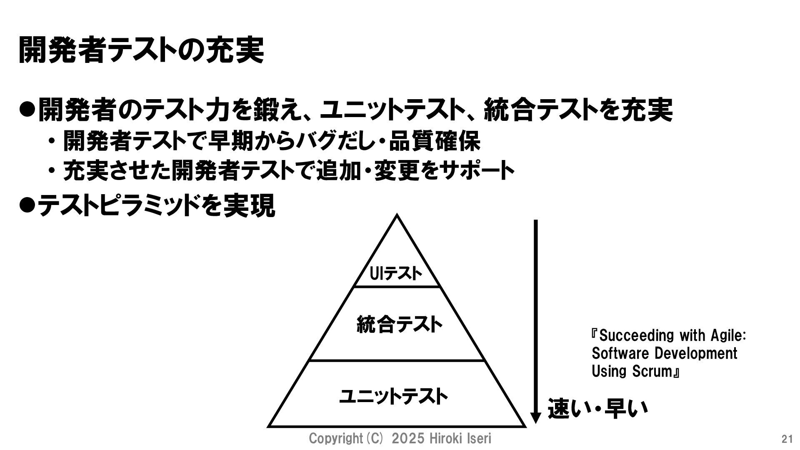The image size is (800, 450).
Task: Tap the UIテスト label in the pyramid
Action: [396, 274]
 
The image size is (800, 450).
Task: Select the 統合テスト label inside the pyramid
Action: [399, 325]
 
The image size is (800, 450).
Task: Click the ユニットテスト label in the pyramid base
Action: [394, 396]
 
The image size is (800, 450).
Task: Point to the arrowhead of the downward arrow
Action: [536, 417]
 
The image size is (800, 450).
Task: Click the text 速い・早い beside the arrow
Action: [598, 408]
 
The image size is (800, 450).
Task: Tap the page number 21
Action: [787, 439]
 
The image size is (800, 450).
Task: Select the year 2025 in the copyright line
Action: [408, 439]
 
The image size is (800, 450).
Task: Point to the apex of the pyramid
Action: [397, 216]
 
